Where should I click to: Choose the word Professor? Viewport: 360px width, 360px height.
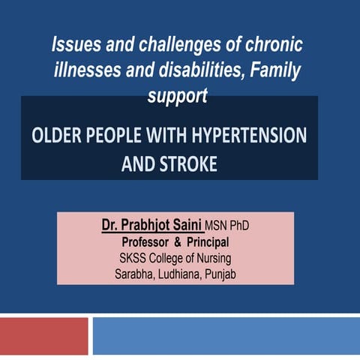148,242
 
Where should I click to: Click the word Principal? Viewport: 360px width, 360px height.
204,242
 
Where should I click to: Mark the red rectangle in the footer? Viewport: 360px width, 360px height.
43,335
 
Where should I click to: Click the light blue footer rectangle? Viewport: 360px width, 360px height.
225,335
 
